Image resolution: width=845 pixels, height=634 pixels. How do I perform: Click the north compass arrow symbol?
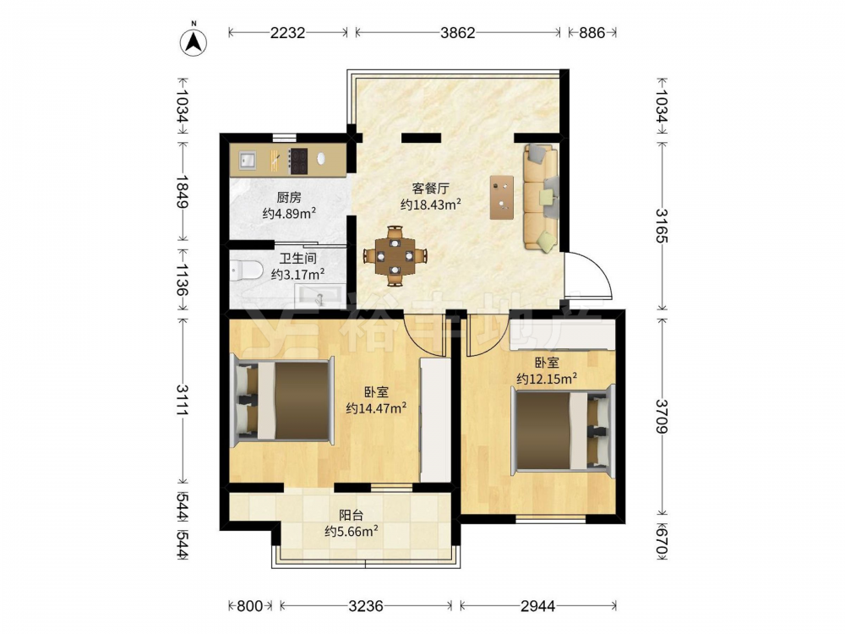tap(194, 40)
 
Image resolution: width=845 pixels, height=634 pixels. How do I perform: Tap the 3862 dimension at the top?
tap(457, 33)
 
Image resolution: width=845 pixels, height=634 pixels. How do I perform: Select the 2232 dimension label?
tap(287, 33)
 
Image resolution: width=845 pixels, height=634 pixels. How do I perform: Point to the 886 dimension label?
tap(591, 33)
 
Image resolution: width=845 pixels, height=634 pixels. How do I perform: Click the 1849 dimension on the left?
tap(183, 192)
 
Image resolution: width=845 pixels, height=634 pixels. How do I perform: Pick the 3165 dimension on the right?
tap(662, 226)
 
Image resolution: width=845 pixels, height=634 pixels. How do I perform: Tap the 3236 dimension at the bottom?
tap(365, 606)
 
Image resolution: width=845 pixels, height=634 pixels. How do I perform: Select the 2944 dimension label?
tap(537, 606)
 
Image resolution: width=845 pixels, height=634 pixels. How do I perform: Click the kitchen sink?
tap(248, 160)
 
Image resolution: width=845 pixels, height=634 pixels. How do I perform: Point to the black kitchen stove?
tap(298, 161)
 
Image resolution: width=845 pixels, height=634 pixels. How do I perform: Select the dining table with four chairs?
tap(395, 255)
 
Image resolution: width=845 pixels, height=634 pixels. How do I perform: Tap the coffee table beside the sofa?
tap(502, 197)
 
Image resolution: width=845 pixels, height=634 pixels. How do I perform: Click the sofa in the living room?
tap(541, 197)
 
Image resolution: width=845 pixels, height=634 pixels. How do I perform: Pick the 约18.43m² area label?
tap(431, 205)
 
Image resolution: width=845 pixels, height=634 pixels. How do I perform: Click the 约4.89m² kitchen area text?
tap(289, 214)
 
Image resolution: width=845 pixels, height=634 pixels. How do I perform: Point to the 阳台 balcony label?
tap(351, 516)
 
